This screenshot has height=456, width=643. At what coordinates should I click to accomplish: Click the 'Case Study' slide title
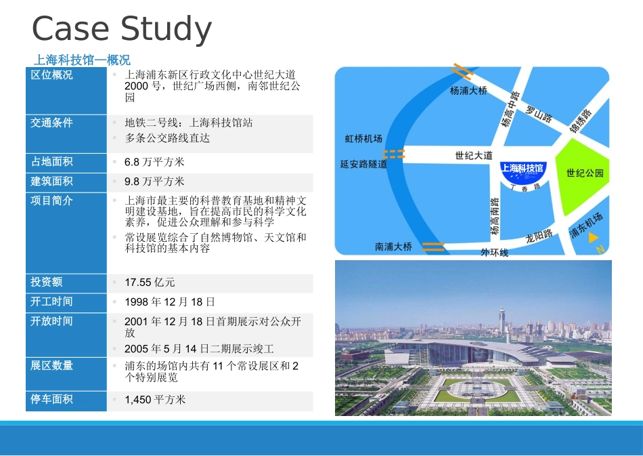point(122,29)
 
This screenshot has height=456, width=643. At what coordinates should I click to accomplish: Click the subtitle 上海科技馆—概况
point(82,60)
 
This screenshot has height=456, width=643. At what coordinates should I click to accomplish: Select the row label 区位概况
point(52,75)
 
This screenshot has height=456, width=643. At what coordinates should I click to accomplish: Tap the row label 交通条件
point(52,123)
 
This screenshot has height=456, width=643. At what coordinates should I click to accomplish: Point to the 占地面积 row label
point(52,162)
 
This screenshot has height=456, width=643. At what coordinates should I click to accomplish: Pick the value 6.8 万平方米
point(154,163)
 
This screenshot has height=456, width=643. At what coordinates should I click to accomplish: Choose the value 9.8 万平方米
point(154,182)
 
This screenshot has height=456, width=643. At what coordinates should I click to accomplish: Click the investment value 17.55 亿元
point(150,283)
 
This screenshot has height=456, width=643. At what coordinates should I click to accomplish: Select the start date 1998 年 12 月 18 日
point(170,302)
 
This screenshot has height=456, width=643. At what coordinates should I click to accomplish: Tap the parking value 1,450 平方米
point(155,400)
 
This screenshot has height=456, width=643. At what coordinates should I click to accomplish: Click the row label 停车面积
point(52,400)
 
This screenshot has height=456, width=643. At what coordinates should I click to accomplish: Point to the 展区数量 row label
point(52,366)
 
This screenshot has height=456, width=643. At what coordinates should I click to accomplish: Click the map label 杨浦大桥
point(468,90)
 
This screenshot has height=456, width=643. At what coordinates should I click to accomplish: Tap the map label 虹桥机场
point(363,139)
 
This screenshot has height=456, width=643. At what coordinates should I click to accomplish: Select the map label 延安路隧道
point(363,164)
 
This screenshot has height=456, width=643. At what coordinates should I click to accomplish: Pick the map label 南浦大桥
point(393,247)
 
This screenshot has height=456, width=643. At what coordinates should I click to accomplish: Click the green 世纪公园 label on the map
point(585,173)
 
